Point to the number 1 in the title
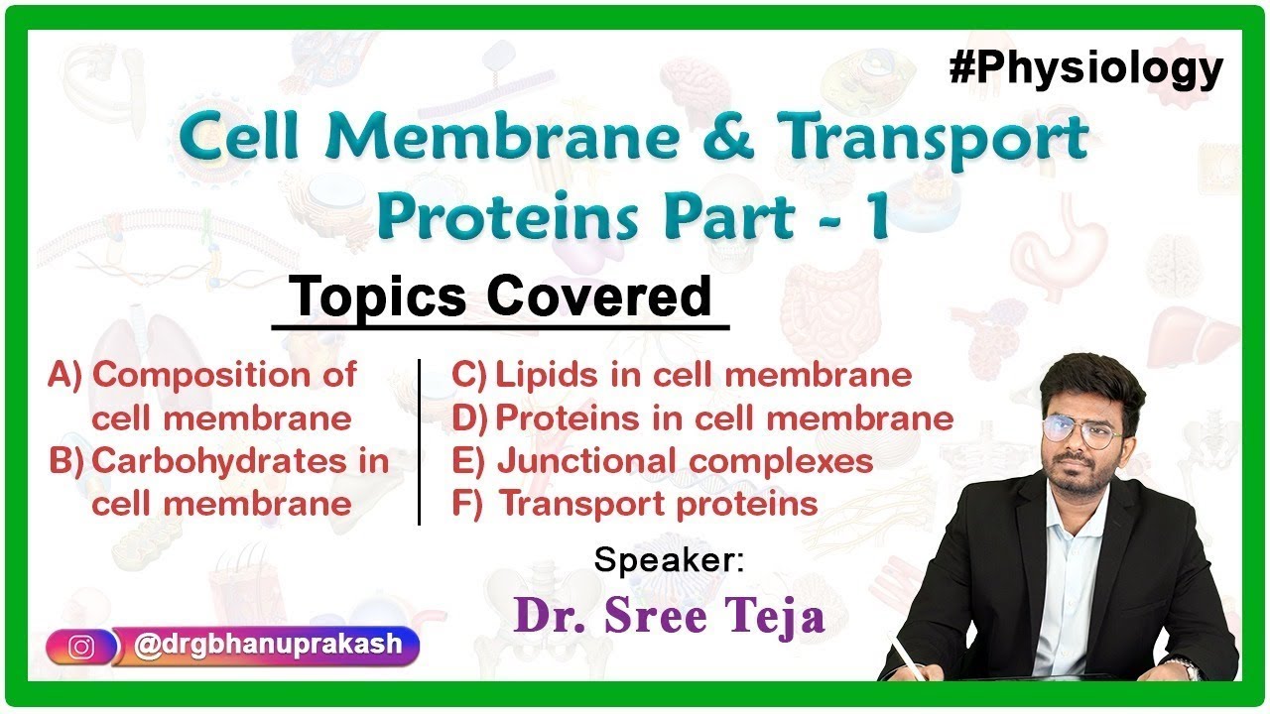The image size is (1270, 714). [873, 218]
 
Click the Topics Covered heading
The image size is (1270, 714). [501, 297]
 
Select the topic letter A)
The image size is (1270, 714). [65, 376]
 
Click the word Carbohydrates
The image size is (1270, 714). [225, 461]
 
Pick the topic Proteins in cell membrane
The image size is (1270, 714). [723, 418]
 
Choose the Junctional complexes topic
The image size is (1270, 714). [685, 461]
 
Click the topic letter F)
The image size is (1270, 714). [466, 504]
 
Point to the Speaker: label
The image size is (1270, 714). [669, 560]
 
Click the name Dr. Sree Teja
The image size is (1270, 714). [669, 617]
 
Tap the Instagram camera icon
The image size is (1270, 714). [81, 647]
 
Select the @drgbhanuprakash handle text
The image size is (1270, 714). [268, 645]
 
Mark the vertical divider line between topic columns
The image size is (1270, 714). [419, 441]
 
